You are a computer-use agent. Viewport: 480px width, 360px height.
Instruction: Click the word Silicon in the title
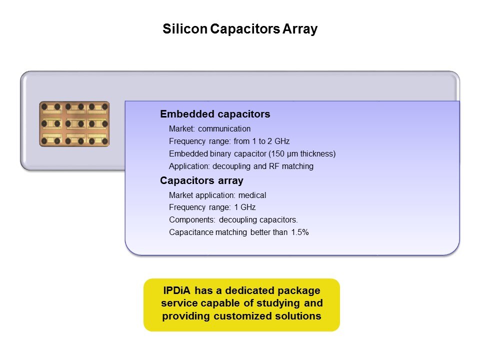(185, 29)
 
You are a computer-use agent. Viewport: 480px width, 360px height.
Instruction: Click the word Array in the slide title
(300, 29)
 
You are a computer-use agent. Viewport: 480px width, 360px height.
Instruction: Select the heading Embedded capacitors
(215, 114)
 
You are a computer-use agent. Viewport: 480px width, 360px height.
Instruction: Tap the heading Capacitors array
(201, 180)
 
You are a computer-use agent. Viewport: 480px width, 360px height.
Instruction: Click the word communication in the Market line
(224, 128)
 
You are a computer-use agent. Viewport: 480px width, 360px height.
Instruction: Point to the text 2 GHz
(278, 141)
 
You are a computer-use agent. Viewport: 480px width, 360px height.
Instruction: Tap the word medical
(252, 195)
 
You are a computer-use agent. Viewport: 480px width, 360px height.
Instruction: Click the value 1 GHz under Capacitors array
(245, 207)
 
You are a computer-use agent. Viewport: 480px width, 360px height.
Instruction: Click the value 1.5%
(299, 232)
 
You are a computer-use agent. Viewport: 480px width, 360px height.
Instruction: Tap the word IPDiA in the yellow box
(176, 290)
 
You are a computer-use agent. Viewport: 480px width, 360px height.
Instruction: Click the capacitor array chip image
(74, 124)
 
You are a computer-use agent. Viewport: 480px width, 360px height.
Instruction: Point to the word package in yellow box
(299, 290)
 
